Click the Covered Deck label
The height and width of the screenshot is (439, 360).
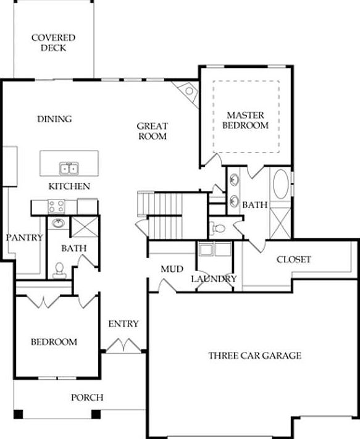pyautogui.click(x=54, y=42)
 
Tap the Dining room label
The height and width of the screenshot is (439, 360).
pyautogui.click(x=54, y=119)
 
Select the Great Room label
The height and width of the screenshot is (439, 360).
pyautogui.click(x=153, y=131)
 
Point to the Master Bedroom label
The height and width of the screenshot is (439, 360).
pyautogui.click(x=245, y=120)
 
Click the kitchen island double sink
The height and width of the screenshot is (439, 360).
pyautogui.click(x=69, y=168)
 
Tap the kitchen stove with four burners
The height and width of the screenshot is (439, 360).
pyautogui.click(x=57, y=207)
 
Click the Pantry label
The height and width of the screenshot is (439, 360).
pyautogui.click(x=24, y=238)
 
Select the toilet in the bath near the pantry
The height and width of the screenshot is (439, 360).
pyautogui.click(x=59, y=268)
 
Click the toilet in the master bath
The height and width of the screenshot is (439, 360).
pyautogui.click(x=216, y=228)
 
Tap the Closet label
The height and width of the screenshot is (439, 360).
pyautogui.click(x=293, y=259)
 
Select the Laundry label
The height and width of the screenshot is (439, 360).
pyautogui.click(x=214, y=279)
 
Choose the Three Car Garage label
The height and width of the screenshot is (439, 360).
pyautogui.click(x=254, y=355)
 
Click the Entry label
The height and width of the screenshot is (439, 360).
pyautogui.click(x=123, y=324)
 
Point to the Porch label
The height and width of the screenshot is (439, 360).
pyautogui.click(x=87, y=397)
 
